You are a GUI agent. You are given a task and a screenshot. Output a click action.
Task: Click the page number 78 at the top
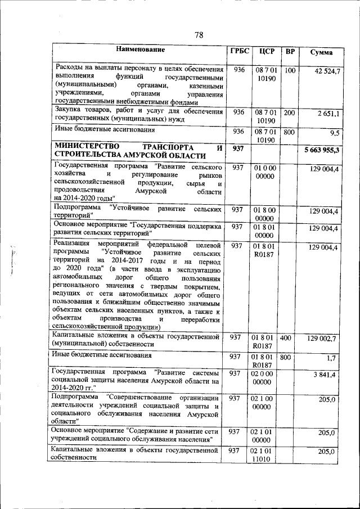[199, 35]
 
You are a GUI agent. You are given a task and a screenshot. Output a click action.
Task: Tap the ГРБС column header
[238, 51]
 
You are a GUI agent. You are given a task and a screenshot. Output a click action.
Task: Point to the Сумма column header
[321, 52]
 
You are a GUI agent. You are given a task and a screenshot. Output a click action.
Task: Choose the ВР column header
[290, 51]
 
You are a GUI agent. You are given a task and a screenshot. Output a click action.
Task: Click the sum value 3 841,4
[326, 375]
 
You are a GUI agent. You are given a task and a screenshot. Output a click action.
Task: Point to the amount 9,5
[334, 133]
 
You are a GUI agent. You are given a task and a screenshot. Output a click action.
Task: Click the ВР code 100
[290, 71]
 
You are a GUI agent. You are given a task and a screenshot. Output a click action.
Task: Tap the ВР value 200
[290, 112]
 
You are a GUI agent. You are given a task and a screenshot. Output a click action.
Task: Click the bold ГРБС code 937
[238, 148]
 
